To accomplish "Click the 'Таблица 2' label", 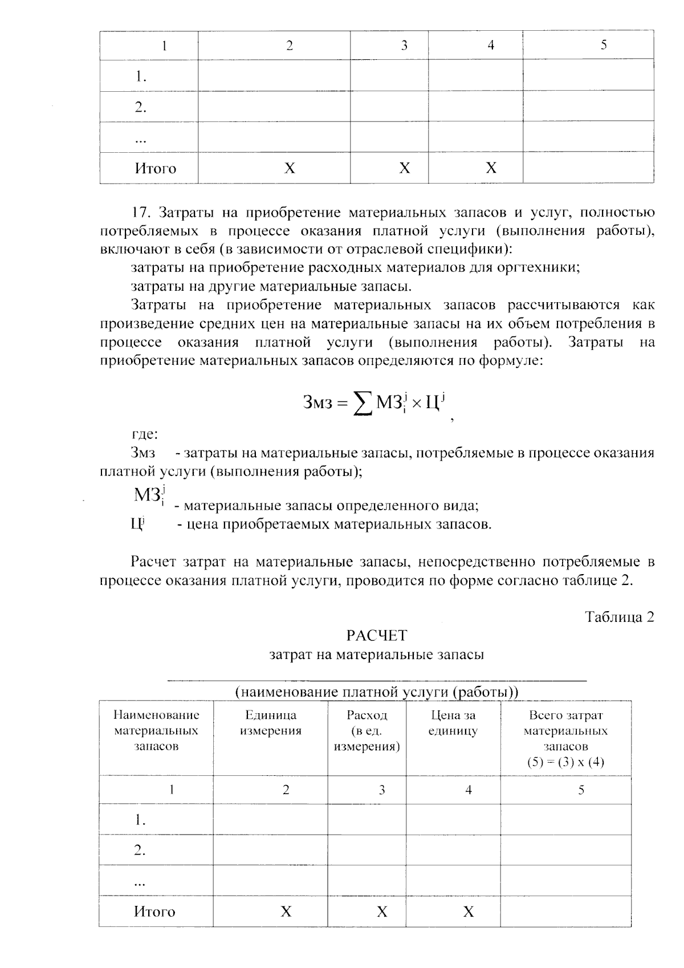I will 619,617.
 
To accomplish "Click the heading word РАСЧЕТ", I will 376,635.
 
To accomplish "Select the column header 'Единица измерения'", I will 270,723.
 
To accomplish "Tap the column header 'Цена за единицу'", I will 453,723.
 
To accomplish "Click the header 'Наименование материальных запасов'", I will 156,730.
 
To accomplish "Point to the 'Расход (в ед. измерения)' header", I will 367,730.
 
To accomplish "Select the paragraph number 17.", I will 140,213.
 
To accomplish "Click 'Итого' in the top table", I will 155,168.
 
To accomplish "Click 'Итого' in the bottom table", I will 154,912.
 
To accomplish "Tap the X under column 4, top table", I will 491,168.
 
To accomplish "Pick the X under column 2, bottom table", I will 286,912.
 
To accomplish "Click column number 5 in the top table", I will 604,45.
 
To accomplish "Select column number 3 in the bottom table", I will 382,790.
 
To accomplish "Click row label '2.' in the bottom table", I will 140,851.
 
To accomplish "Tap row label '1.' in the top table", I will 141,76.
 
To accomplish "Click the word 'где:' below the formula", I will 144,435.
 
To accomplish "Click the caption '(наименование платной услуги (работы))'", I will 376,692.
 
